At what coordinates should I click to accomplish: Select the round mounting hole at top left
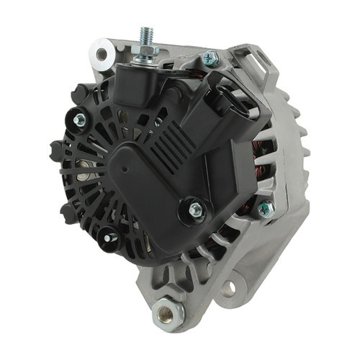coord(100,53)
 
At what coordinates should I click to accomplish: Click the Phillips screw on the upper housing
coord(211,58)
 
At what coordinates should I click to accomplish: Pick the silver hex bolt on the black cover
coord(195,209)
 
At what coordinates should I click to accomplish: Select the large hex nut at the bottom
coord(168,312)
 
